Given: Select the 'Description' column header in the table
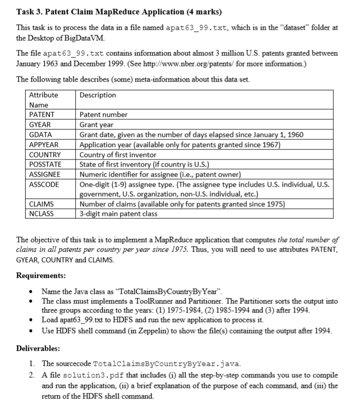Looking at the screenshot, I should (x=98, y=95).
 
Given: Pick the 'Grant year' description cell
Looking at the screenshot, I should (x=97, y=124).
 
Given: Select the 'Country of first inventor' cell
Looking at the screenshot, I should (x=118, y=154).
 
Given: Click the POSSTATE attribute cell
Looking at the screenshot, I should (x=45, y=164).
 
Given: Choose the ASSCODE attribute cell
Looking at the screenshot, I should (x=44, y=184).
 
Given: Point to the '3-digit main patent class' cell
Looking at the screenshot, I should (x=119, y=214).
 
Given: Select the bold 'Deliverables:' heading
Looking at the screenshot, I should (x=38, y=348).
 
